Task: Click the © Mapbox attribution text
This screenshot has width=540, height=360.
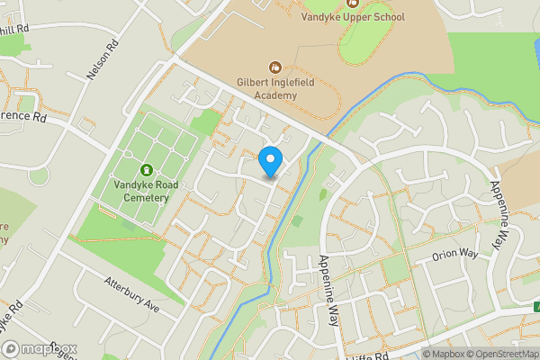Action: coord(448,353)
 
